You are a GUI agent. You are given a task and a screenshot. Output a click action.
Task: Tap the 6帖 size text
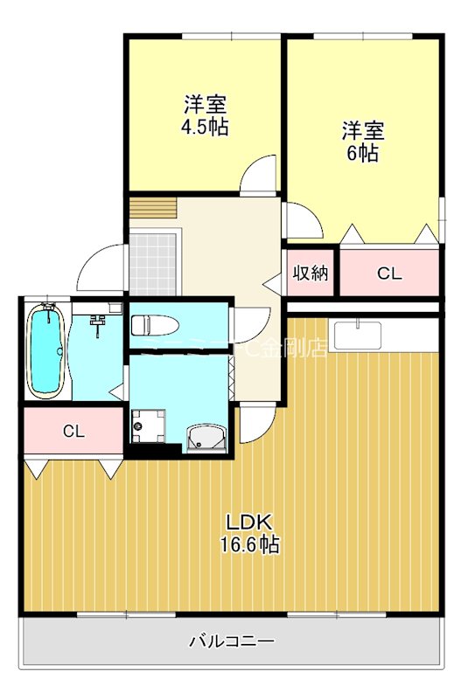pos(362,153)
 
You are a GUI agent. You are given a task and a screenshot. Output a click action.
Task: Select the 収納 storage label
pos(310,273)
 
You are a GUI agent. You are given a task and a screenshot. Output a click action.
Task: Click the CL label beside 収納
pos(389,273)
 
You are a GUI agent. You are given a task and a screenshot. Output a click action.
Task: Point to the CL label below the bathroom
pos(73,431)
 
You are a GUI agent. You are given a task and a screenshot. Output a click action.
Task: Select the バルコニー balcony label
pos(232,642)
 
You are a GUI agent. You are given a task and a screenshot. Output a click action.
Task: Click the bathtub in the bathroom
pos(46,349)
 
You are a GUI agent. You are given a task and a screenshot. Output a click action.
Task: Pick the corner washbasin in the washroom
pos(207,437)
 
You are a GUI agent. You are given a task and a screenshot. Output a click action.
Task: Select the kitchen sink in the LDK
pos(359,335)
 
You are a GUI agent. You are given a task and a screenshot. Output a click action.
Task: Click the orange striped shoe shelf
pos(153,209)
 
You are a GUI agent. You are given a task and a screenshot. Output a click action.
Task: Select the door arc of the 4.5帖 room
pos(260,175)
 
